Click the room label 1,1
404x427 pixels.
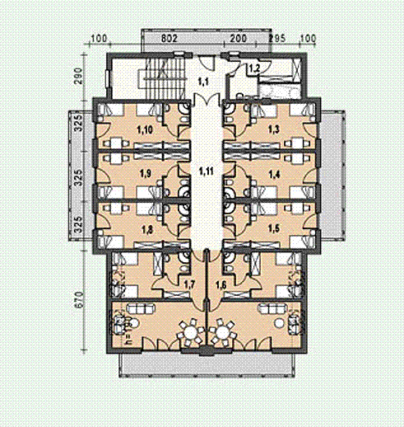203,82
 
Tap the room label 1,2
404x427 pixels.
254,68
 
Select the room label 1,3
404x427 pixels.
274,129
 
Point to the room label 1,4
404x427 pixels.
274,174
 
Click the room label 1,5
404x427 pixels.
274,228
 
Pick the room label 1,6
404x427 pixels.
221,285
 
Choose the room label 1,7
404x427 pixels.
189,285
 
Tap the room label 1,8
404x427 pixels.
146,229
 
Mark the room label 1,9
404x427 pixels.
146,174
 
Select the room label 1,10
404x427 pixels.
145,129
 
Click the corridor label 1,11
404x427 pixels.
206,171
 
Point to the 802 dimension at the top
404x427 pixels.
169,39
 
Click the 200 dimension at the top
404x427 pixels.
238,39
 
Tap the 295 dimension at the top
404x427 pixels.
277,39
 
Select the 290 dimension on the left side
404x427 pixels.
78,76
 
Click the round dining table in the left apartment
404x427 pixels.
190,333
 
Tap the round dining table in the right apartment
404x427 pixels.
222,333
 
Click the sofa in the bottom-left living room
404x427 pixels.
142,309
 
